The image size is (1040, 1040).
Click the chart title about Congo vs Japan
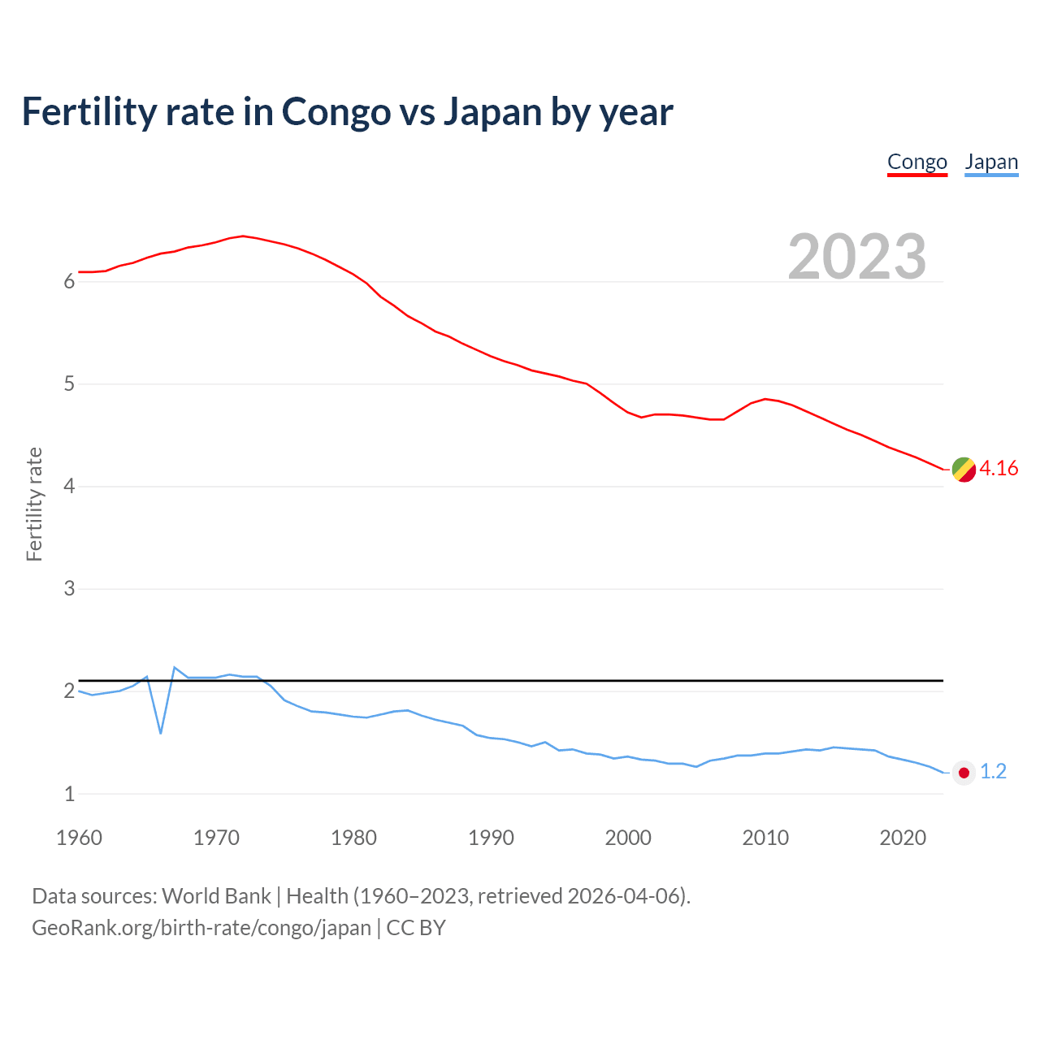coord(347,111)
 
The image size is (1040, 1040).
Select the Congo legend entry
coord(916,162)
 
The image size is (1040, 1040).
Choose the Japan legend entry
coord(991,162)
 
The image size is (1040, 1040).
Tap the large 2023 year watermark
coord(856,257)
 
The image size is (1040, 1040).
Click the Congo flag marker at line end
coord(964,470)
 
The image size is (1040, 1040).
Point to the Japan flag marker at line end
coord(964,773)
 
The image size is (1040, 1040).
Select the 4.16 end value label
coord(999,469)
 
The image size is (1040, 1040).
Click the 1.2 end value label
coord(993,772)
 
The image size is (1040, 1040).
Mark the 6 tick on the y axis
coord(69,282)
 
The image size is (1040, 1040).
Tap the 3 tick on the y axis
coord(69,589)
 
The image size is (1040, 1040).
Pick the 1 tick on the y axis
coord(69,794)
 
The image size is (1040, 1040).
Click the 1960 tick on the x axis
coord(79,838)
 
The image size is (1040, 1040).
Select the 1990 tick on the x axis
coord(491,838)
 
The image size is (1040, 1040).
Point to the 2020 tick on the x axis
coord(903,838)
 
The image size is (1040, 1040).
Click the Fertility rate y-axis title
coord(34,504)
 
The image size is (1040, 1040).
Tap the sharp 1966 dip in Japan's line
coord(161,733)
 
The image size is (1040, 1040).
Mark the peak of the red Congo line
coord(243,236)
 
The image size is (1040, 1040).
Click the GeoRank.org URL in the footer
coord(201,928)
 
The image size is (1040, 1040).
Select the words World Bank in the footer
coord(216,896)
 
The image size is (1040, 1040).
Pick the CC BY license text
coord(416,928)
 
